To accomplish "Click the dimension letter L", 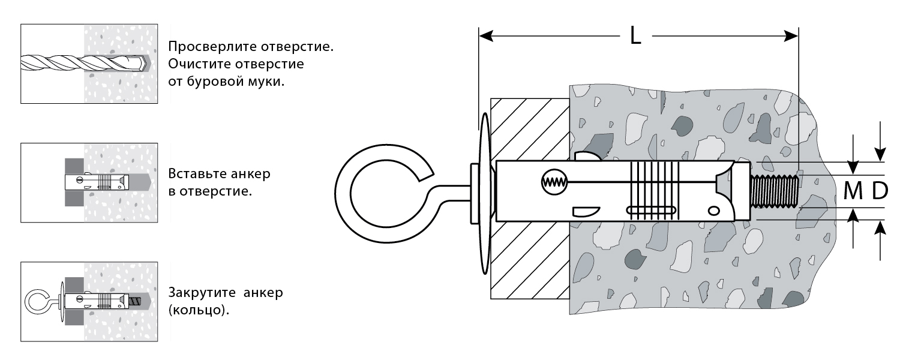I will (x=635, y=36).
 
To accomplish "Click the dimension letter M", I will (x=854, y=191).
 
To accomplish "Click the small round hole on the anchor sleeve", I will (x=713, y=210).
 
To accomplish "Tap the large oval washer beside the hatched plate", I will (x=484, y=192).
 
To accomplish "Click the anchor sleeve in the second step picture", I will (x=96, y=181).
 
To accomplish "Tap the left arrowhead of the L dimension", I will (x=485, y=36).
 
